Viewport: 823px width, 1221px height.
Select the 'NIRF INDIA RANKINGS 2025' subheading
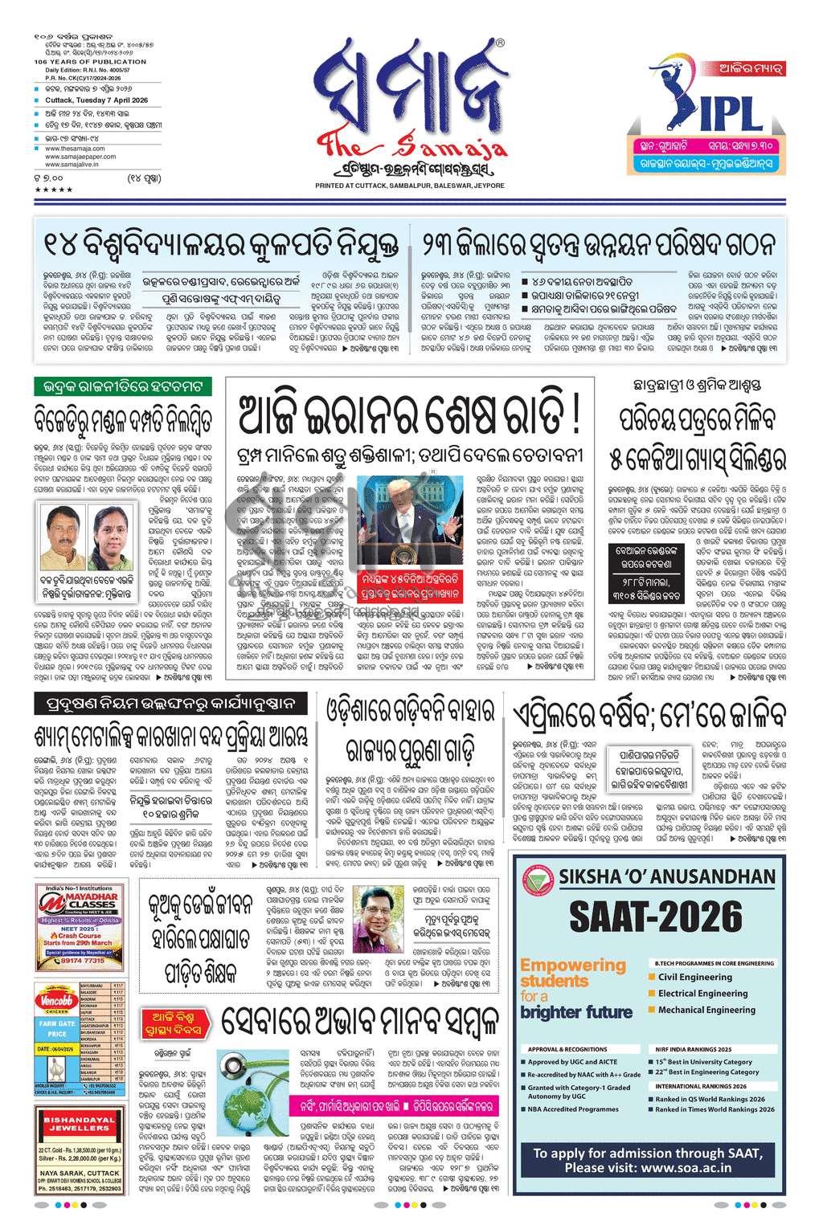coord(693,1049)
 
